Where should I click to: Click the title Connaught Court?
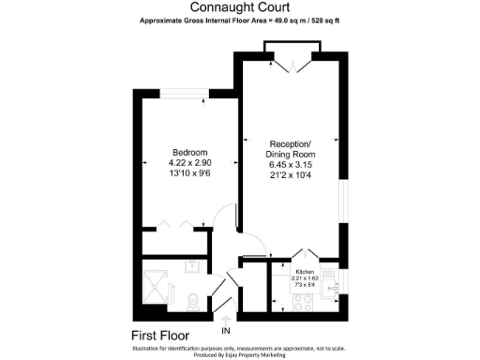coord(239,7)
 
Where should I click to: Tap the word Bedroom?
coord(188,152)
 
